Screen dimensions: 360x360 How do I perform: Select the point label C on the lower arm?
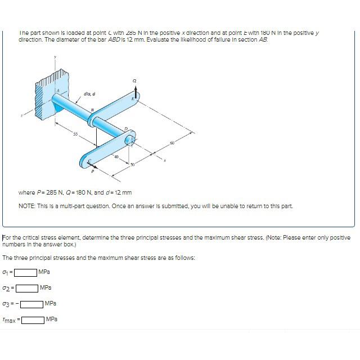coord(88,160)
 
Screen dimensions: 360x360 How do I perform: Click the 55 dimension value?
coord(74,134)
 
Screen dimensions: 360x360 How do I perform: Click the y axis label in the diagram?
coord(55,56)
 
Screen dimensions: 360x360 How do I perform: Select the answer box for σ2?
coord(26,288)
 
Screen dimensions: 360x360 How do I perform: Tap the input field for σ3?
coord(33,304)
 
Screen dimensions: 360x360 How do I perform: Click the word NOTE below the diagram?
coord(26,206)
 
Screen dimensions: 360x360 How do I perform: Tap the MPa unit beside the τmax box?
coord(51,319)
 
